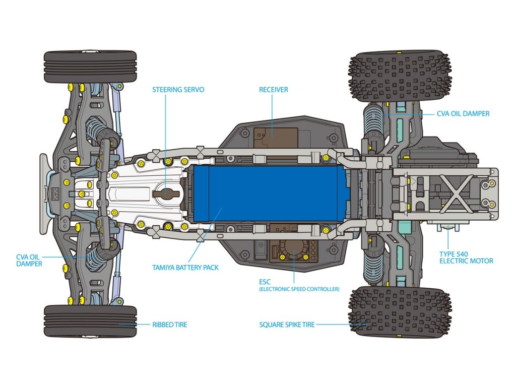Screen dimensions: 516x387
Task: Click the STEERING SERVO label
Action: pyautogui.click(x=178, y=90)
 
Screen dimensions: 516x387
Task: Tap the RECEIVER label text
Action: pyautogui.click(x=274, y=90)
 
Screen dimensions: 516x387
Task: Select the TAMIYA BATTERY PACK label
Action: pyautogui.click(x=185, y=268)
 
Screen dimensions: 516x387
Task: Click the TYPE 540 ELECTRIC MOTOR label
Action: pyautogui.click(x=466, y=257)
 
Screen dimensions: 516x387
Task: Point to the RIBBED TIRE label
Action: pyautogui.click(x=169, y=325)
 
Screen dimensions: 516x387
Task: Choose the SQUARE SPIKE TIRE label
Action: pyautogui.click(x=287, y=325)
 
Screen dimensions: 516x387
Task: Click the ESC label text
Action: pyautogui.click(x=265, y=282)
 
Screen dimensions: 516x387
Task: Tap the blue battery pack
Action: pyautogui.click(x=272, y=193)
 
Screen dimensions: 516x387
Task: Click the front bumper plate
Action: pyautogui.click(x=45, y=193)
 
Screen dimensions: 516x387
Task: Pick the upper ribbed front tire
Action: pyautogui.click(x=90, y=67)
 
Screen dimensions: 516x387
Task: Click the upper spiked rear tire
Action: pyautogui.click(x=400, y=77)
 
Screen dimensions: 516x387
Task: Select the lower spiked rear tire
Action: pyautogui.click(x=400, y=311)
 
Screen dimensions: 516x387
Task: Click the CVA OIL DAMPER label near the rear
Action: pyautogui.click(x=463, y=114)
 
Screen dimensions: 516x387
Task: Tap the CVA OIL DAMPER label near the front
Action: pyautogui.click(x=29, y=261)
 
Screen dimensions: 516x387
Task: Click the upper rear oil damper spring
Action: pyautogui.click(x=373, y=118)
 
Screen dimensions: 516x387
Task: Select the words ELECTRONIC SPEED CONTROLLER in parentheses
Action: pyautogui.click(x=299, y=289)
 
